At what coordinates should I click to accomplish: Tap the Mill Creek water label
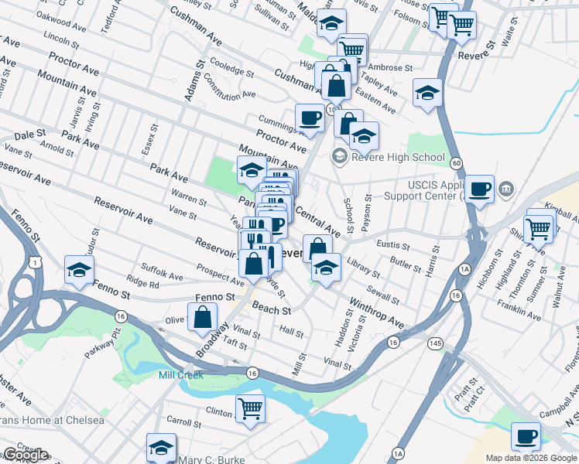[x=181, y=375]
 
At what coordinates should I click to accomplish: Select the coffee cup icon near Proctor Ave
[x=310, y=118]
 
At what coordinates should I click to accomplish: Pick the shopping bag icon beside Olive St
[x=202, y=317]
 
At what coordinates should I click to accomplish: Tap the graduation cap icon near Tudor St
[x=80, y=270]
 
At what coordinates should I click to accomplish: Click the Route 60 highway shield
[x=457, y=163]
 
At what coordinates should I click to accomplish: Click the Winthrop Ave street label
[x=376, y=311]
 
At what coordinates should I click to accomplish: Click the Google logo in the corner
[x=25, y=455]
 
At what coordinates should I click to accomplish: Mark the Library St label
[x=363, y=268]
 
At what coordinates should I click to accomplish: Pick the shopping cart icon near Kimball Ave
[x=539, y=227]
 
